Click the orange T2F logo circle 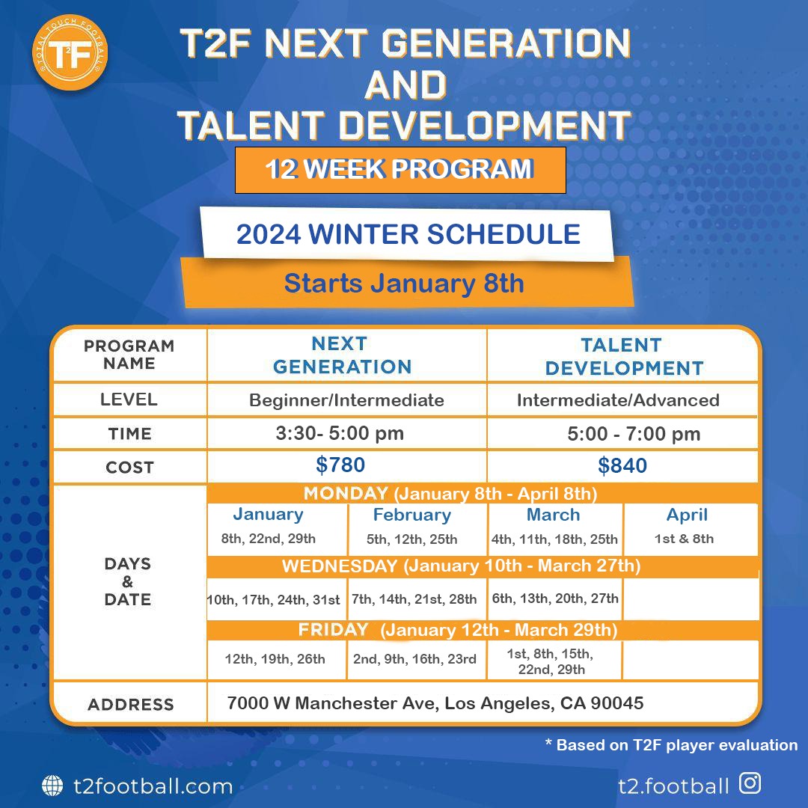[x=70, y=52]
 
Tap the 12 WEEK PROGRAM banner [x=400, y=170]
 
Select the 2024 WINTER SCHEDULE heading [x=408, y=234]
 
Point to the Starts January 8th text [x=404, y=284]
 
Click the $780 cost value [x=340, y=465]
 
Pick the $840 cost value [x=622, y=465]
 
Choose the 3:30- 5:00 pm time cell [x=340, y=433]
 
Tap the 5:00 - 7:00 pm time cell [x=634, y=434]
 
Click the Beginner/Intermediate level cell [x=346, y=400]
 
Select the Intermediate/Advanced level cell [x=618, y=400]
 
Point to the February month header [x=411, y=515]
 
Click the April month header [x=687, y=515]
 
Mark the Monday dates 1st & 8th [x=684, y=539]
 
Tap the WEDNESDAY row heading [x=340, y=566]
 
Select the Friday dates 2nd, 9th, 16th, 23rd [x=414, y=659]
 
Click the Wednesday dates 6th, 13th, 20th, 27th [x=555, y=599]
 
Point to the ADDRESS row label [x=131, y=705]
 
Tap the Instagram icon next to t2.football [x=750, y=783]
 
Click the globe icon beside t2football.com [x=52, y=786]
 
